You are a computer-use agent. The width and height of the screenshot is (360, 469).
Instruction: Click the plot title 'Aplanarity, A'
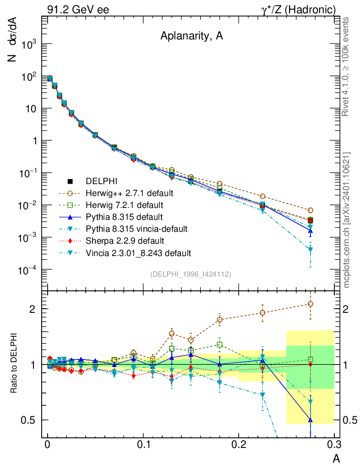click(191, 37)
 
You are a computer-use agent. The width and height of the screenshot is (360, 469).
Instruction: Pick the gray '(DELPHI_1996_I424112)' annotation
click(191, 274)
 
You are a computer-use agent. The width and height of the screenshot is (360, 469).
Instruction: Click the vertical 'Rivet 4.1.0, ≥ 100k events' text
click(346, 66)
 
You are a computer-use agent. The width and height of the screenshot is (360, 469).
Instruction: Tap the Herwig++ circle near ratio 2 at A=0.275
click(311, 304)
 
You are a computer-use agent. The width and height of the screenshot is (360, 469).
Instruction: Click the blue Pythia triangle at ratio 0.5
click(311, 419)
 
